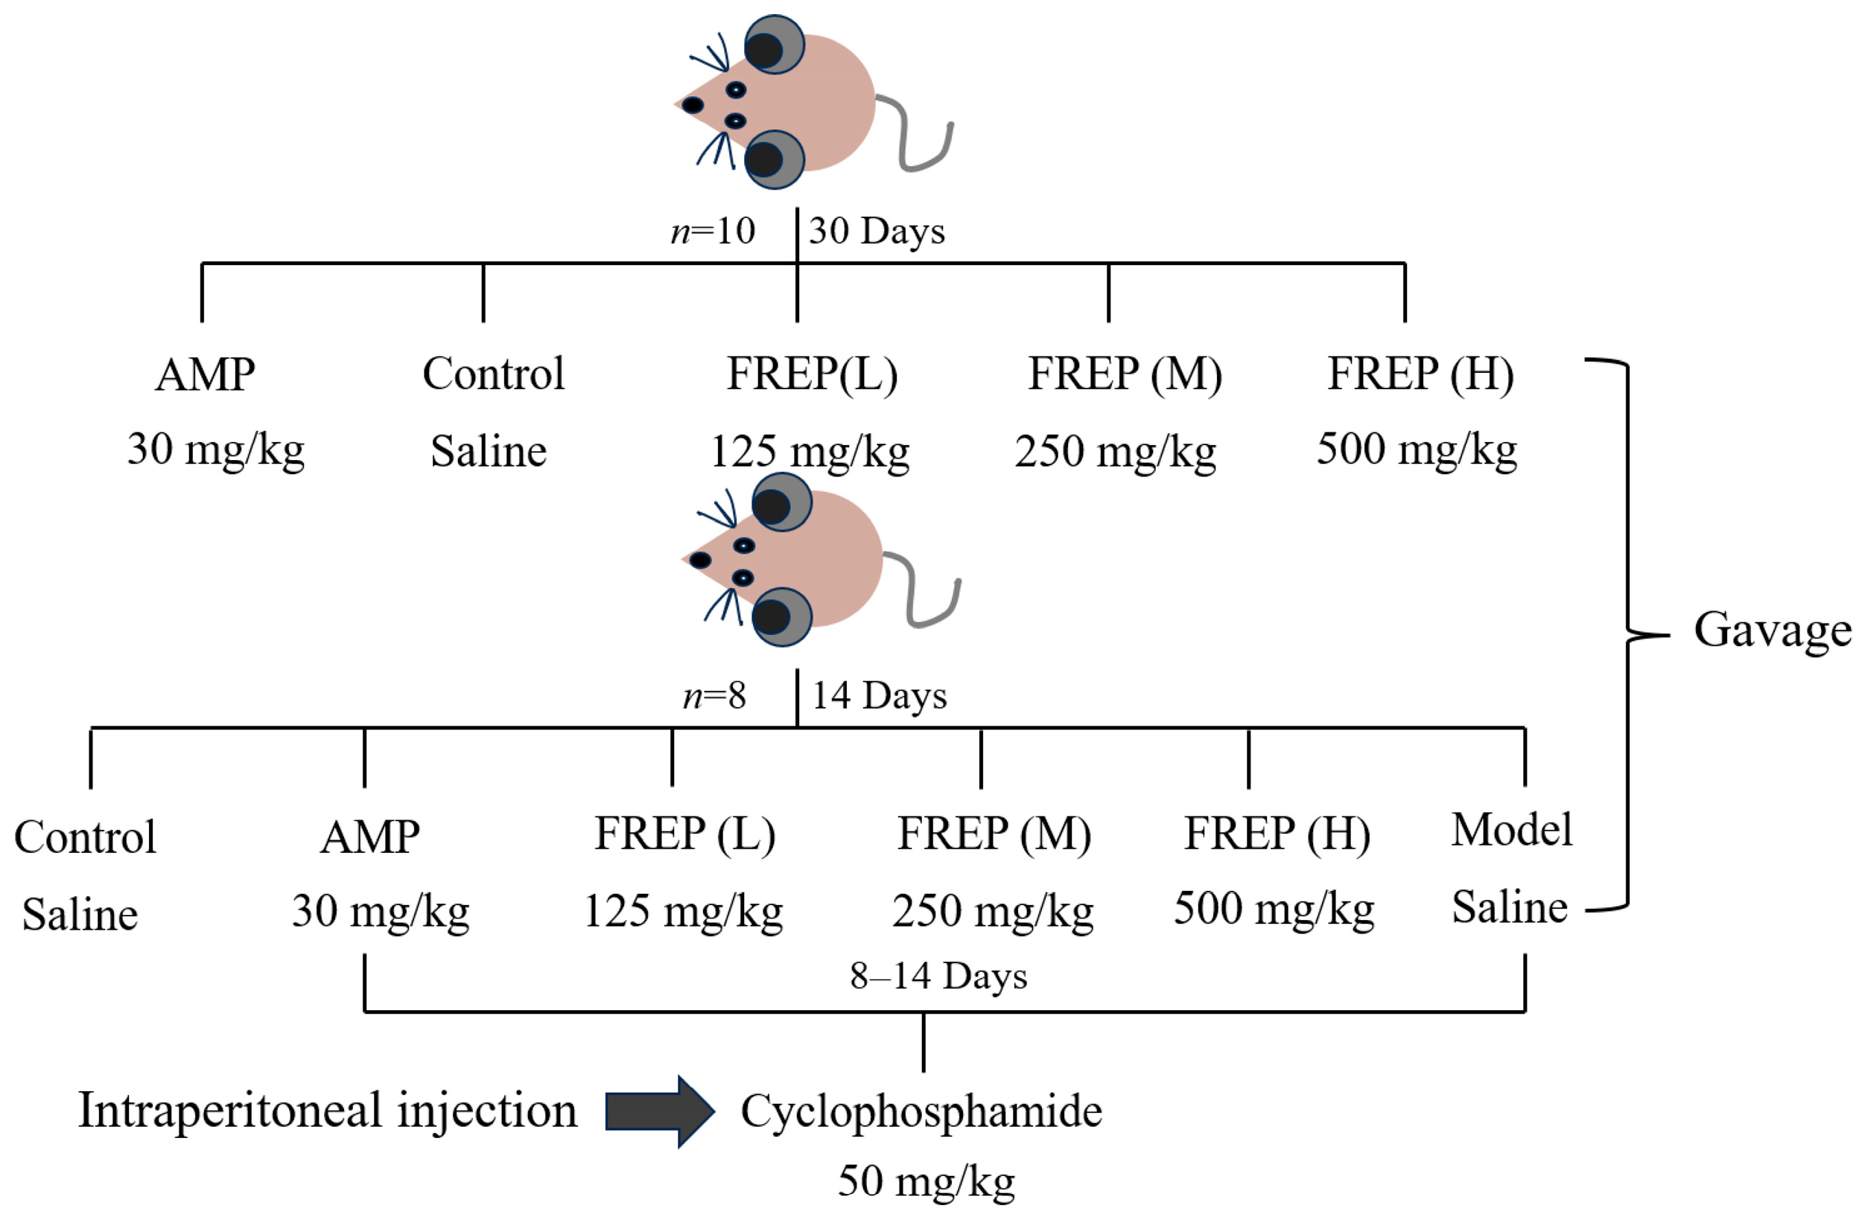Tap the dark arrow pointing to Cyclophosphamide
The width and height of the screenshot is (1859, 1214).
pyautogui.click(x=658, y=1111)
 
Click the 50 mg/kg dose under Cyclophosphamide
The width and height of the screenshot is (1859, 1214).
pyautogui.click(x=926, y=1181)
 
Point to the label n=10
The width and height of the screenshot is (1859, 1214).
pyautogui.click(x=712, y=231)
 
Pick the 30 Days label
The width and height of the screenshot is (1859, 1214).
pyautogui.click(x=877, y=231)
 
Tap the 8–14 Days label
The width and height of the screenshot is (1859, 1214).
pyautogui.click(x=938, y=976)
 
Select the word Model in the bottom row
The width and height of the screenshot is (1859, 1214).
pyautogui.click(x=1511, y=830)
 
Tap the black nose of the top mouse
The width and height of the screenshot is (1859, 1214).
pyautogui.click(x=692, y=105)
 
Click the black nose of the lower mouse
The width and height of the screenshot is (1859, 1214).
pyautogui.click(x=700, y=560)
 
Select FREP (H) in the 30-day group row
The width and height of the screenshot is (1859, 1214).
pyautogui.click(x=1420, y=374)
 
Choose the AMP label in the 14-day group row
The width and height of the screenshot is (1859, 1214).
pyautogui.click(x=369, y=837)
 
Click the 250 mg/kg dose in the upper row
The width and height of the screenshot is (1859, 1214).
pyautogui.click(x=1115, y=451)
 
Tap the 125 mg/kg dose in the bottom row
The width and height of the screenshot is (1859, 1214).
pyautogui.click(x=683, y=911)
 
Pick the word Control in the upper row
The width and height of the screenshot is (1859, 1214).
pyautogui.click(x=493, y=374)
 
